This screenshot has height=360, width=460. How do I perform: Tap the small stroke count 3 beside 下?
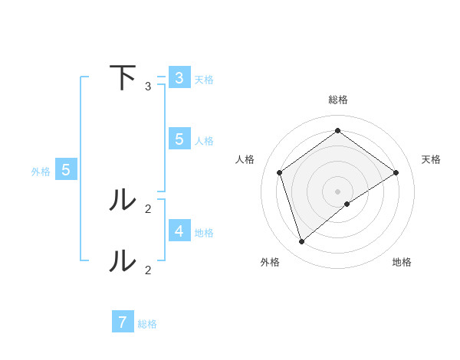tap(148, 86)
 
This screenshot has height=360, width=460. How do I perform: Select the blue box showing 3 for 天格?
tap(179, 77)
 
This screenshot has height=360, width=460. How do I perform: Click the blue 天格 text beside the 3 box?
tap(204, 79)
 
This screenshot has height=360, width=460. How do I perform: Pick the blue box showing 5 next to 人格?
tap(179, 139)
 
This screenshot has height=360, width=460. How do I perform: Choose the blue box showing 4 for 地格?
tap(179, 230)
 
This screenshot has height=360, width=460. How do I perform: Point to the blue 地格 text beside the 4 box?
tap(204, 232)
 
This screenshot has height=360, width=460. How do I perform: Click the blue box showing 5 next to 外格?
tap(65, 170)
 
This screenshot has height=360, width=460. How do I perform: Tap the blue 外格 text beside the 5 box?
tap(41, 172)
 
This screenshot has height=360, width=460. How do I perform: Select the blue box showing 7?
tap(123, 322)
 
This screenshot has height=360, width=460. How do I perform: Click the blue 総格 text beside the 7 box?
tap(147, 324)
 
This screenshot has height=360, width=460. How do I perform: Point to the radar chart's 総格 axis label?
tap(337, 100)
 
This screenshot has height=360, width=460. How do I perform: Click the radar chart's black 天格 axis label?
tap(431, 159)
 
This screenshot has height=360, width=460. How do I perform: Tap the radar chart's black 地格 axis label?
tap(402, 262)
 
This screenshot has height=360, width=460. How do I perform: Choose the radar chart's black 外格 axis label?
tap(270, 262)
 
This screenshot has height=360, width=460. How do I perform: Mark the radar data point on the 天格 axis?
tap(396, 172)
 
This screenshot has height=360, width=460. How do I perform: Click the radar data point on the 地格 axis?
tap(347, 204)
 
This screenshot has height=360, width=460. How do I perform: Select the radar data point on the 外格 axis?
tap(302, 242)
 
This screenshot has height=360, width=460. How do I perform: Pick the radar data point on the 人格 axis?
tap(279, 172)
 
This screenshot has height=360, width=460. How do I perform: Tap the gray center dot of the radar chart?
tap(337, 191)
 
